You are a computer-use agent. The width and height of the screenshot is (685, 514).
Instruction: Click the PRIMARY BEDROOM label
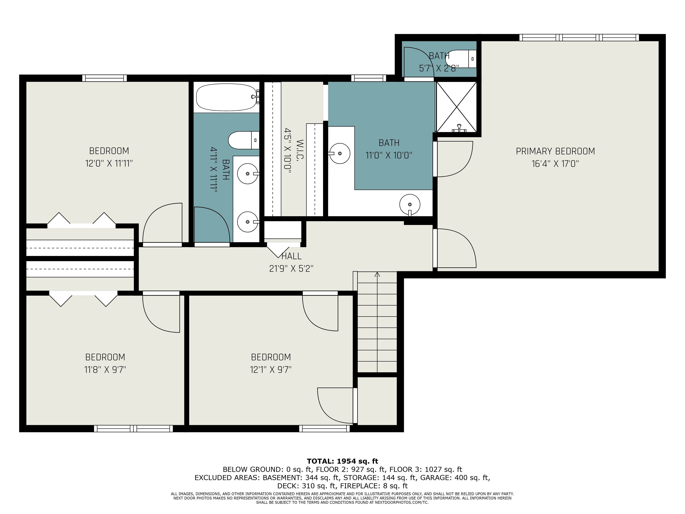point(555,151)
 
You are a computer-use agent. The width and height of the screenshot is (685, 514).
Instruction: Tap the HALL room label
point(291,256)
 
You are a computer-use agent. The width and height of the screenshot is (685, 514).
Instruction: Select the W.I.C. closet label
point(300,150)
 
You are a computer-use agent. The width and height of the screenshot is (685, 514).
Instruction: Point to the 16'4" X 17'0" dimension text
point(555,164)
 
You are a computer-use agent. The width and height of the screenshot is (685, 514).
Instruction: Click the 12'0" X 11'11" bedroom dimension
point(109,163)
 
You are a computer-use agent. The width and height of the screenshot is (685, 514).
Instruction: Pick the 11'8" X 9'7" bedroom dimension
point(105,370)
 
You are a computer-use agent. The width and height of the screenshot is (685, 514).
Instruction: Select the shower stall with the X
point(456,107)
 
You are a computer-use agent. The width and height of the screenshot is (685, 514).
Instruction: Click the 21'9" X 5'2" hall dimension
point(291,269)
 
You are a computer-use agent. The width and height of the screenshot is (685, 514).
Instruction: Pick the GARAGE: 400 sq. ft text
point(455,478)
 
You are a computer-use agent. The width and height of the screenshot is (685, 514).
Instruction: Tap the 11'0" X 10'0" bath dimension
point(389,155)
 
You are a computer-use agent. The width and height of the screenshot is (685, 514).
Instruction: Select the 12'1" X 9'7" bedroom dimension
point(271,370)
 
